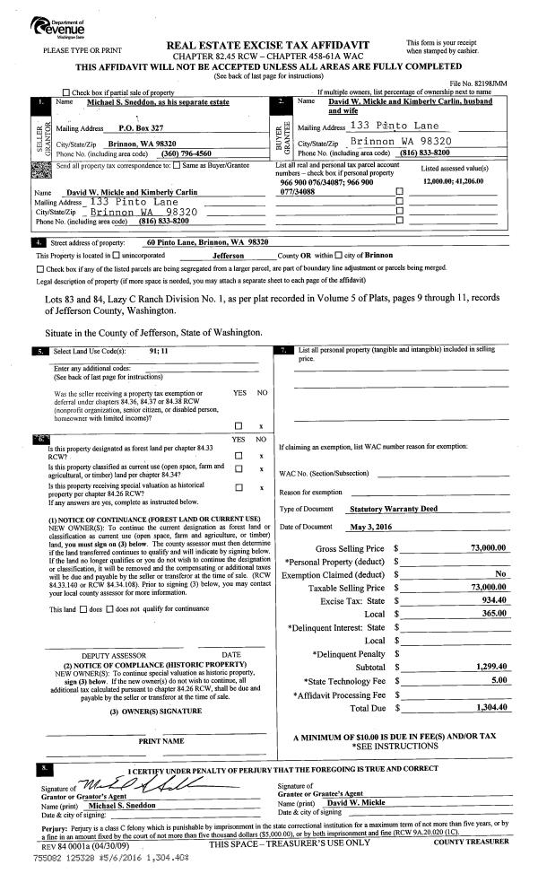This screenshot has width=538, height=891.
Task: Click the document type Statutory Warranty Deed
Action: coord(397,509)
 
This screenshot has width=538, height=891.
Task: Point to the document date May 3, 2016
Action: coord(372,526)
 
